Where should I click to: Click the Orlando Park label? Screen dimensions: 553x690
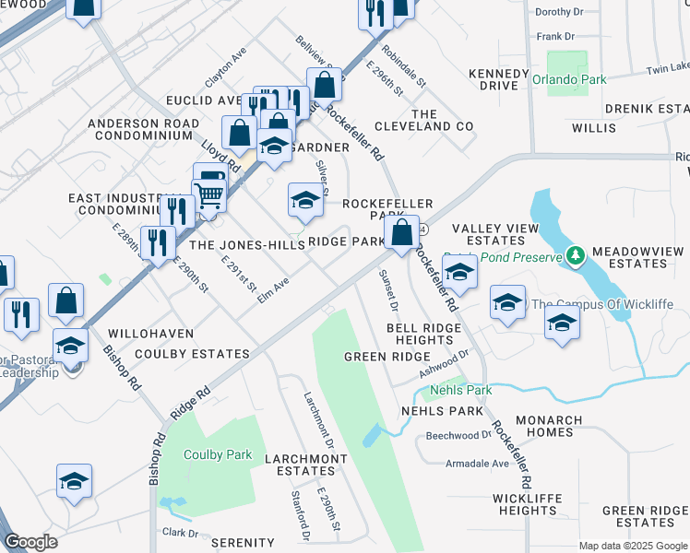[569, 80]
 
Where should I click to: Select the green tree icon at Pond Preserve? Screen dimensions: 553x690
[576, 253]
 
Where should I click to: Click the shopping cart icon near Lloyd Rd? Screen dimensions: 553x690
[209, 195]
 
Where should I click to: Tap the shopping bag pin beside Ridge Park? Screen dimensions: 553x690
[402, 232]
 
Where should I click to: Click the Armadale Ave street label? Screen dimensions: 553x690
[477, 464]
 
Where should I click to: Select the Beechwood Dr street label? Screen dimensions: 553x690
[458, 435]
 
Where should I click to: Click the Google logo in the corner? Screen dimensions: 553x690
[30, 542]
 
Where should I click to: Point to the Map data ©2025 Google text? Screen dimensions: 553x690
[633, 546]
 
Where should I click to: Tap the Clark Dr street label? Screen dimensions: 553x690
[180, 533]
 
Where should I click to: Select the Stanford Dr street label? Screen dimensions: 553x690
[299, 516]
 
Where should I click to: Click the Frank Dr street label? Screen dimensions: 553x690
[555, 37]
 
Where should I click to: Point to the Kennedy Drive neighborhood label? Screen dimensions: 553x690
[493, 79]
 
